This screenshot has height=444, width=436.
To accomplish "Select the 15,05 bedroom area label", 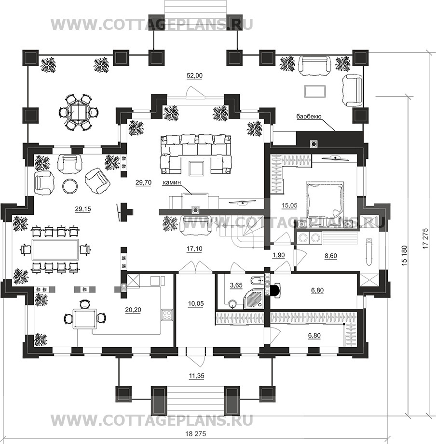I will [289, 206].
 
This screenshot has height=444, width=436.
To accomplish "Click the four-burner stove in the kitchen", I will [167, 315].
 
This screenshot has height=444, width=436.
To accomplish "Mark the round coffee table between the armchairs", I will [69, 185].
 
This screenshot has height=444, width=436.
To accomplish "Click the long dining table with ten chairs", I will [54, 249].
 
